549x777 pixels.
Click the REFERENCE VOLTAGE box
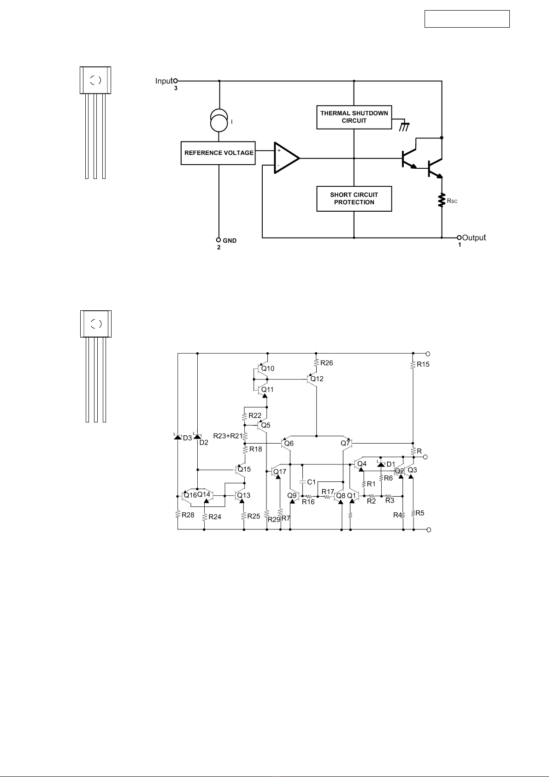tap(218, 153)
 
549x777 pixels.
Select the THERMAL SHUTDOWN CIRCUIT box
tap(354, 117)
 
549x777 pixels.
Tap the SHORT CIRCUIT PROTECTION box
tap(354, 199)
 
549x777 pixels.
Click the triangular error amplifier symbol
tap(286, 158)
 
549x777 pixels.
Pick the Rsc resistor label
tap(452, 201)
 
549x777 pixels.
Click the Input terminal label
tap(164, 81)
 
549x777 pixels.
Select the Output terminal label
tap(474, 237)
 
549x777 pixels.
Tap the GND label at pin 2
tap(230, 241)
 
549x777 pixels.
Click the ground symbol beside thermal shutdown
tap(404, 127)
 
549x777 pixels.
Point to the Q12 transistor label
tap(317, 379)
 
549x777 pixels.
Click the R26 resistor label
tap(326, 363)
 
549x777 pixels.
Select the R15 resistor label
tap(423, 364)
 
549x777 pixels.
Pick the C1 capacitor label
tap(312, 482)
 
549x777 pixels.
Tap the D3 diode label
tap(187, 438)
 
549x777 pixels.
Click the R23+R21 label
tap(228, 436)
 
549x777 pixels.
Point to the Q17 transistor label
tap(279, 472)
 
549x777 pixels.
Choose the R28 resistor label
tap(188, 515)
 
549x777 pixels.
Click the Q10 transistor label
tap(268, 368)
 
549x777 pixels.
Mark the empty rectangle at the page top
tap(467, 19)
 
